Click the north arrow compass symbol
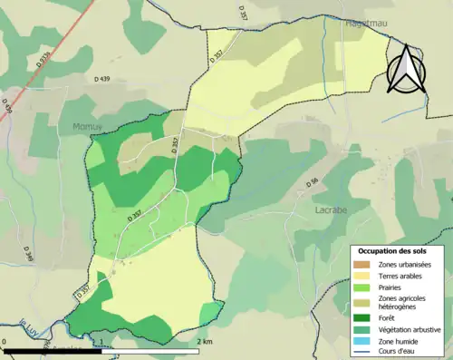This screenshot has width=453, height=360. pyautogui.click(x=407, y=69)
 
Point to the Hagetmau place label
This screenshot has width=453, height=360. pyautogui.click(x=365, y=25)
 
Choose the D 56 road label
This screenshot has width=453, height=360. pyautogui.click(x=313, y=183)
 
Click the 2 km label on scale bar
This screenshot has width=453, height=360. pyautogui.click(x=205, y=342)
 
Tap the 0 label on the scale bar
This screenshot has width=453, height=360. pyautogui.click(x=5, y=342)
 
